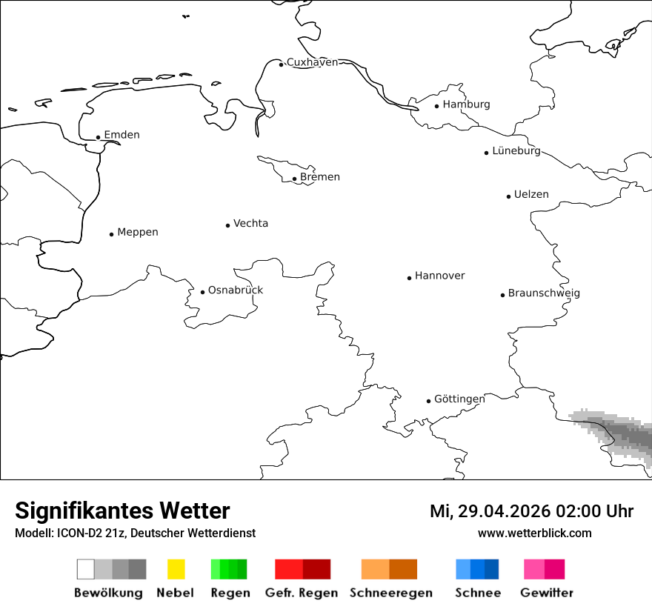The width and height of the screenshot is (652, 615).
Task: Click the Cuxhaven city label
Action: [312, 62]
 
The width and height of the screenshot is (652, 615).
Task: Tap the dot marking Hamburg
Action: [437, 106]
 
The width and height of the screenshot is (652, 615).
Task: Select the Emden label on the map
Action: [122, 135]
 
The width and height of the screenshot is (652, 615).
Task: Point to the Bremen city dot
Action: [294, 179]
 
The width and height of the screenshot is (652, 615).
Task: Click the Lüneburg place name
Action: [516, 150]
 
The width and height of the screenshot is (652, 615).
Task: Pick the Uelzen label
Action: [531, 194]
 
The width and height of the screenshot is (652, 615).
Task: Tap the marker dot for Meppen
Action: [111, 234]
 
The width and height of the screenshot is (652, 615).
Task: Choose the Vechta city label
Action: [250, 223]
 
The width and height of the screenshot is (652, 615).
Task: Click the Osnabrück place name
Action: [236, 290]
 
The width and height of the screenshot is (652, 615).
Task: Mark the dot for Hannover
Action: [409, 278]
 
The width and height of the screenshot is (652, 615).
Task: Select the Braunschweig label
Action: [544, 293]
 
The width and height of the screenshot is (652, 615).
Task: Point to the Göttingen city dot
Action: [428, 401]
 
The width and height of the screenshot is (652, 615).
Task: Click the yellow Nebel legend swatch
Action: [176, 569]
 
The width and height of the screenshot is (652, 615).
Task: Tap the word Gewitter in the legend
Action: [547, 593]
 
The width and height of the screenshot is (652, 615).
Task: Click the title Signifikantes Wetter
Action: [122, 511]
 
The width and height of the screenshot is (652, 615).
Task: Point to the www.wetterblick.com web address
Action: [534, 533]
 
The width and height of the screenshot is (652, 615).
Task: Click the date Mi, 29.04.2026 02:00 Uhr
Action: [531, 511]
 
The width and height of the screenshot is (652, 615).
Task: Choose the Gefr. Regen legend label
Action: [302, 593]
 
